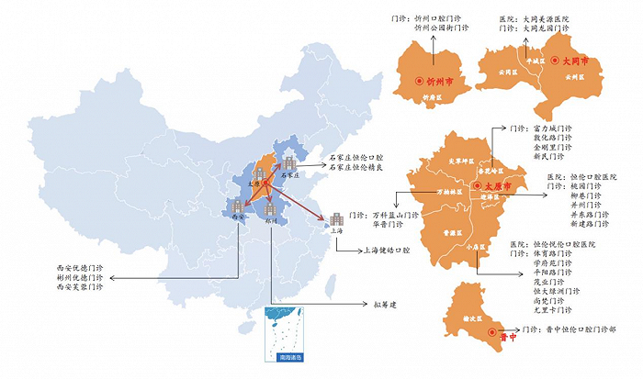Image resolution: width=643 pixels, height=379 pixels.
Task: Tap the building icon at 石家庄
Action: (x=290, y=163)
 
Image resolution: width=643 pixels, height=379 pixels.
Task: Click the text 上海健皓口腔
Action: (x=370, y=250)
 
